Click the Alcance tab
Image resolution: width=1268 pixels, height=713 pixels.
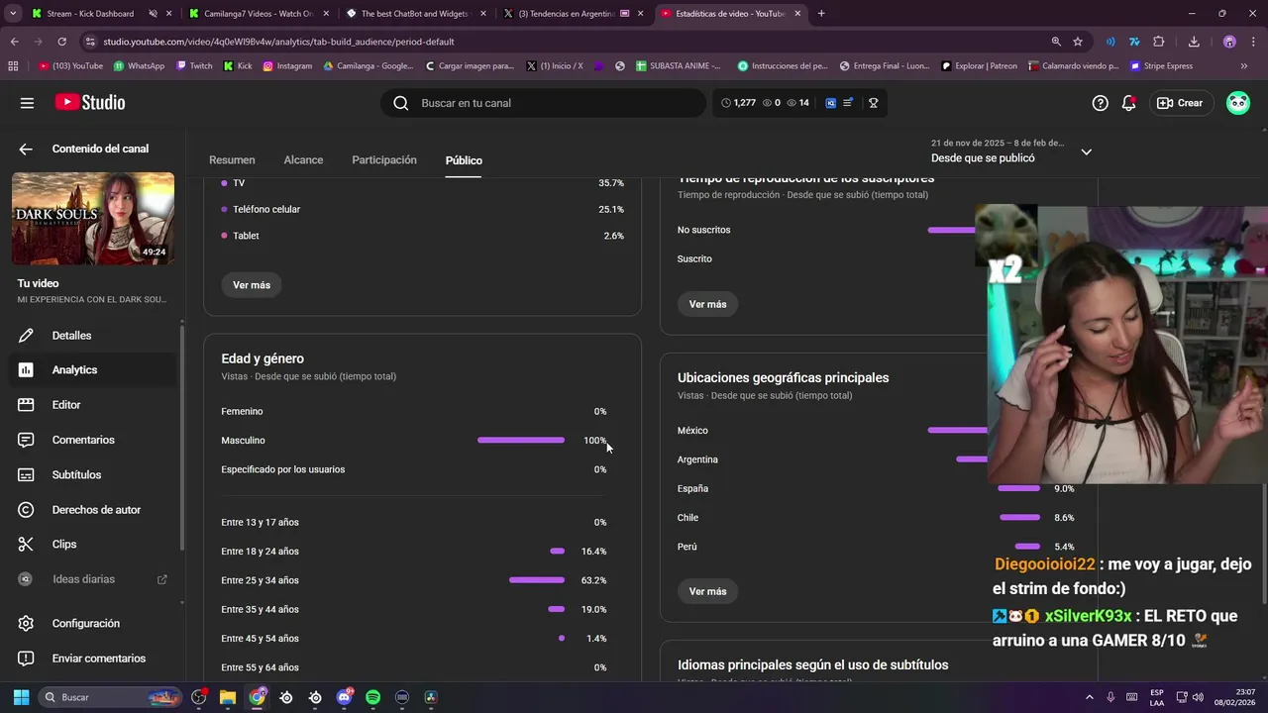click(303, 159)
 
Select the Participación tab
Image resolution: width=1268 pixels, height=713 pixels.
click(384, 159)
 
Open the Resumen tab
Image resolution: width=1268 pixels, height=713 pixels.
click(232, 159)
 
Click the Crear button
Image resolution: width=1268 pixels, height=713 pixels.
click(1181, 103)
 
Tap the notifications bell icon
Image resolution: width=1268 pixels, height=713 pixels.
click(1128, 103)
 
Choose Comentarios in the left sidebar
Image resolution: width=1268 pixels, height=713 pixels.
click(83, 440)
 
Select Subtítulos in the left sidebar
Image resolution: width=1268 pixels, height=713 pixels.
click(76, 474)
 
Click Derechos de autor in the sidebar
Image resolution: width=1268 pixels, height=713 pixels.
click(96, 510)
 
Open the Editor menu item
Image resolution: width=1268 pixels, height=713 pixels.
click(66, 405)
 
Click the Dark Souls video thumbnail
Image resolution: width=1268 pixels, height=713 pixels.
click(93, 219)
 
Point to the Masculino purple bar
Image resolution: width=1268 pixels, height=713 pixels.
click(520, 441)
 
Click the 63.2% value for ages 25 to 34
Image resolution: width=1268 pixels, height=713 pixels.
click(593, 580)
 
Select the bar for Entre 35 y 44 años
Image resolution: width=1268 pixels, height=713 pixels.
click(556, 609)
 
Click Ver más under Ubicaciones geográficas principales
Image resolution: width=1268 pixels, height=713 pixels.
click(707, 591)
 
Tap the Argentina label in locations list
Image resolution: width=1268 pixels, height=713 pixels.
click(697, 459)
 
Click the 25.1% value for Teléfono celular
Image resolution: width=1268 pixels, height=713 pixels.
click(611, 209)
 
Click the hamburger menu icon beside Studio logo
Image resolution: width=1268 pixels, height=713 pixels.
click(27, 103)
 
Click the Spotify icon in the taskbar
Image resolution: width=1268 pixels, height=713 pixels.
click(372, 697)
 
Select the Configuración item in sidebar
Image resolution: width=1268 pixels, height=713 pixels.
click(85, 624)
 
